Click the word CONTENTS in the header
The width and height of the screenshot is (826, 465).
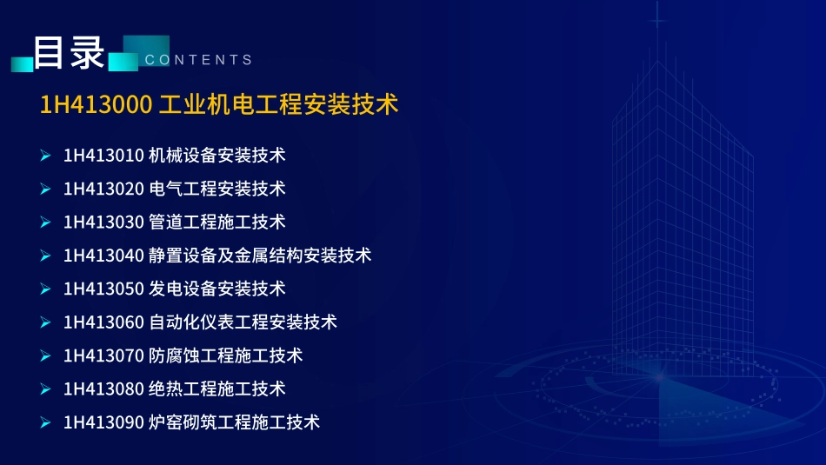198,59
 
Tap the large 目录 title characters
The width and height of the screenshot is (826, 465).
69,53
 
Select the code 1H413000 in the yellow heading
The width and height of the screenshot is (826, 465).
96,104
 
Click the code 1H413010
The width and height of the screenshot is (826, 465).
103,156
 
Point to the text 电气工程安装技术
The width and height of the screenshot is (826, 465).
217,189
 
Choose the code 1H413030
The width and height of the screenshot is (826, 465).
103,223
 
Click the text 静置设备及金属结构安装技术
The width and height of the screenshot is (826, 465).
260,256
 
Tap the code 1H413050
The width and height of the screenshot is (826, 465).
103,289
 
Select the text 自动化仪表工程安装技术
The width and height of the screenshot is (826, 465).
243,322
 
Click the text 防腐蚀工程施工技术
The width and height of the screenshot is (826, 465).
225,355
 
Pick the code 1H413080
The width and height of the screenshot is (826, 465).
103,389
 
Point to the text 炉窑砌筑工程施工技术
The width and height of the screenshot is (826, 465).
234,422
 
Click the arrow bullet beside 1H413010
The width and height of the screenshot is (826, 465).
45,156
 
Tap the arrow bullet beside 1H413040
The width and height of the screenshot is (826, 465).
45,256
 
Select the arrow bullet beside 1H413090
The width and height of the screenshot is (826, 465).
45,422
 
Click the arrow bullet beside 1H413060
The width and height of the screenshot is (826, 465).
45,322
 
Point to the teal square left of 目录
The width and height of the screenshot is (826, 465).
22,63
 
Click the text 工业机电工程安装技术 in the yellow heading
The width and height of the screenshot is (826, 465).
279,104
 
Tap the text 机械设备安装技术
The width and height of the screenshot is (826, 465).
217,156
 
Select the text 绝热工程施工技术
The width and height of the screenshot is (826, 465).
217,389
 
